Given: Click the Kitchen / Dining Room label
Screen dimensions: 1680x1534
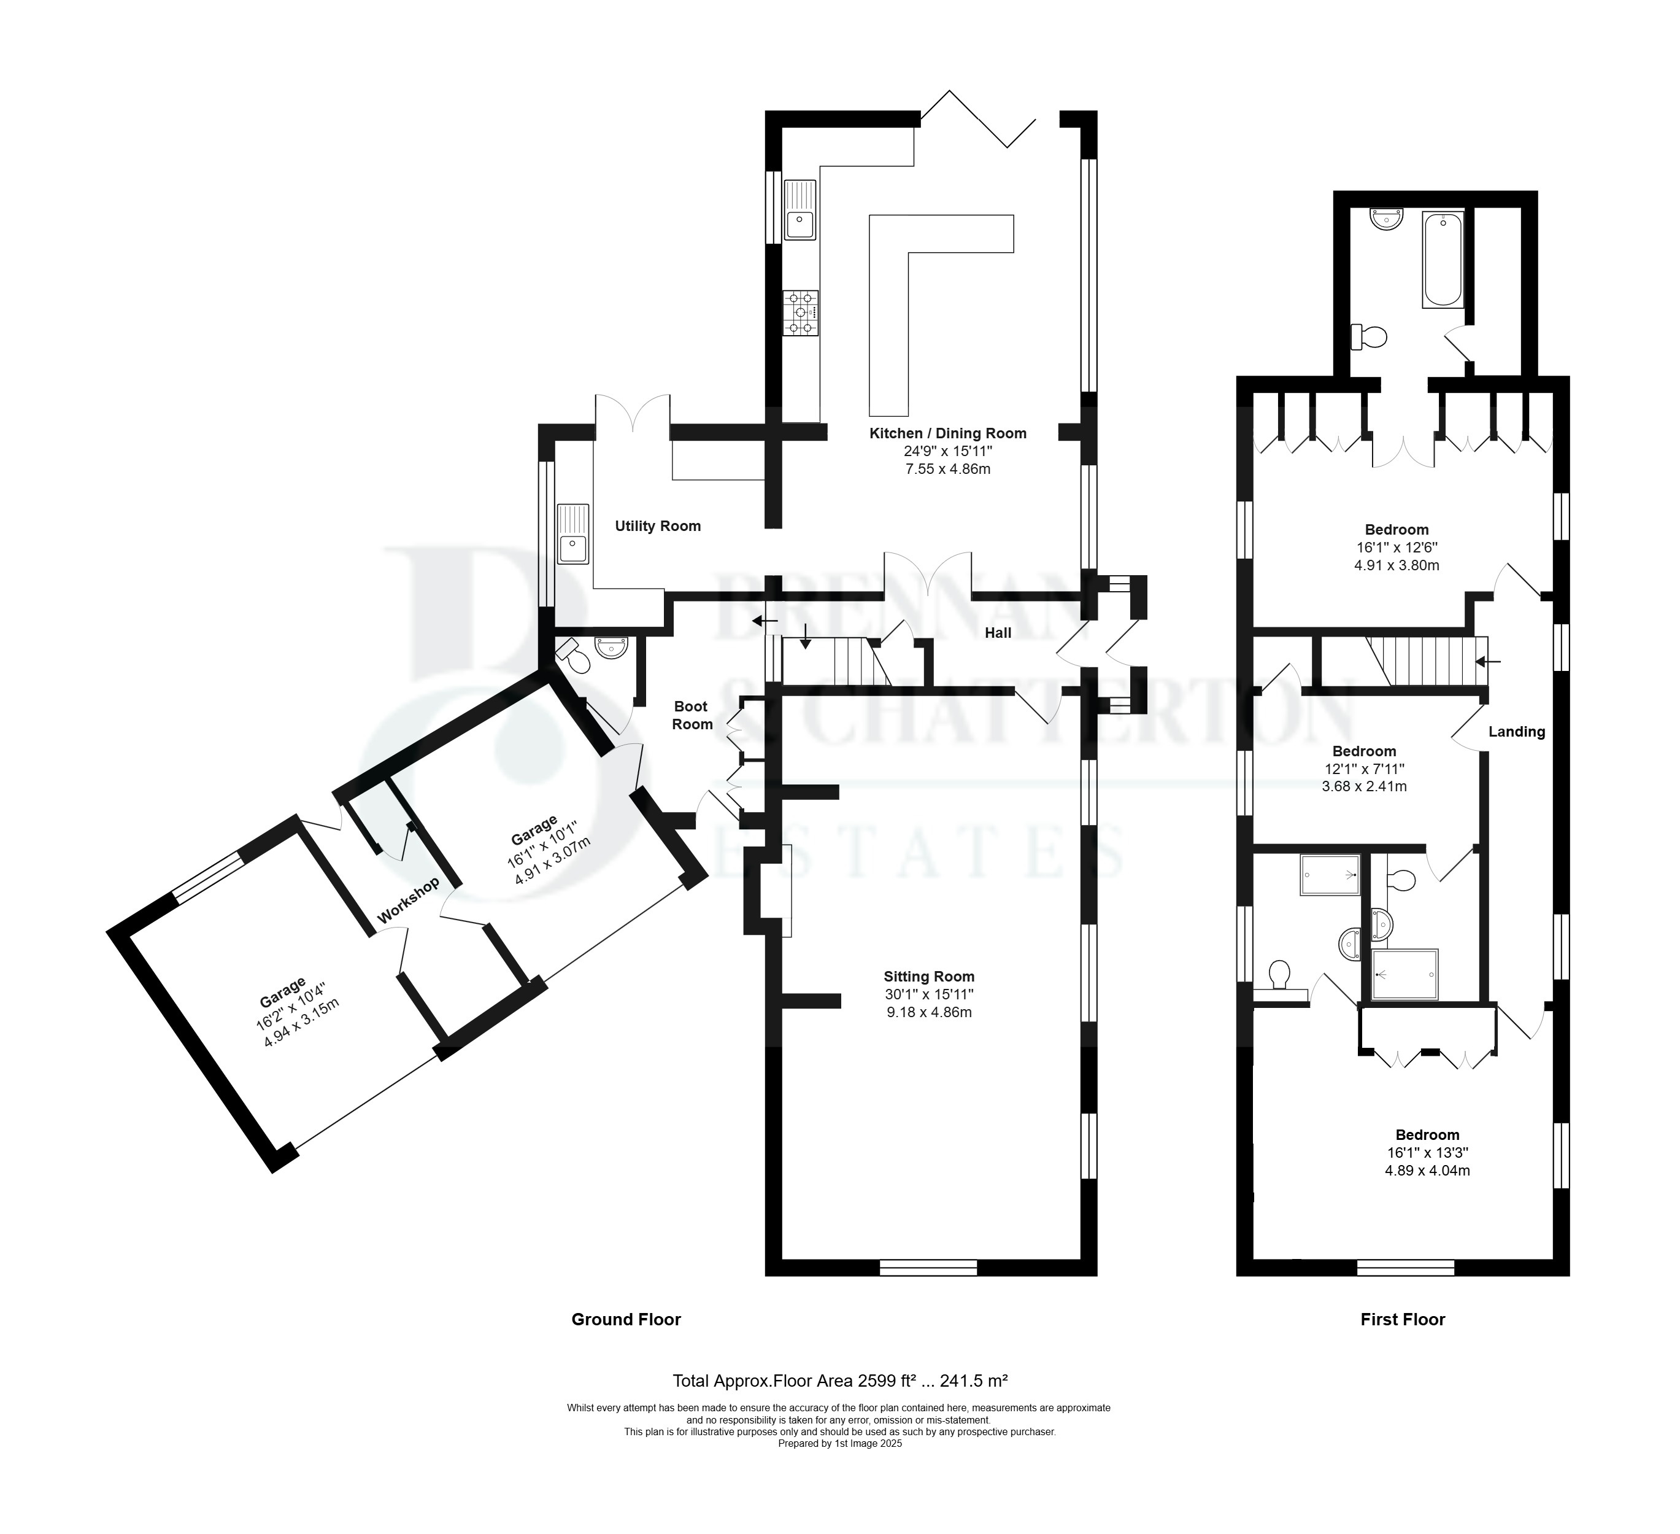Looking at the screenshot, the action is (x=947, y=433).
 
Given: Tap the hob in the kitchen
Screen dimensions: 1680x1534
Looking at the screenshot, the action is (x=800, y=312).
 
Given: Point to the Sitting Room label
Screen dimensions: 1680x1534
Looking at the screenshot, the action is (x=929, y=976).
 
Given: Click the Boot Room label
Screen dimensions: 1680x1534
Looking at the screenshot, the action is (x=692, y=715).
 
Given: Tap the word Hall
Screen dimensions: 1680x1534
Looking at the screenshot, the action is (x=998, y=633).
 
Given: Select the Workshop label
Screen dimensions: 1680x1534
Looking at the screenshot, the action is (x=408, y=901).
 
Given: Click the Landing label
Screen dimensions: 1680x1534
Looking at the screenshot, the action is (x=1517, y=731).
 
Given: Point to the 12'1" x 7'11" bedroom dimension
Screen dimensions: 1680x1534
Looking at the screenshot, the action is (x=1364, y=769).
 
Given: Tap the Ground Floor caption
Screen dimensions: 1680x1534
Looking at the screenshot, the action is (x=626, y=1319).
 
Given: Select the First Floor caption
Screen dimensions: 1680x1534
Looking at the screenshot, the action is (x=1403, y=1319).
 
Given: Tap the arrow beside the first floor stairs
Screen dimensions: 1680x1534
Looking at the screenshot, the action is (x=1489, y=662).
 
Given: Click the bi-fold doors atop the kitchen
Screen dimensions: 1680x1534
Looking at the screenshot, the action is (x=978, y=118).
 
